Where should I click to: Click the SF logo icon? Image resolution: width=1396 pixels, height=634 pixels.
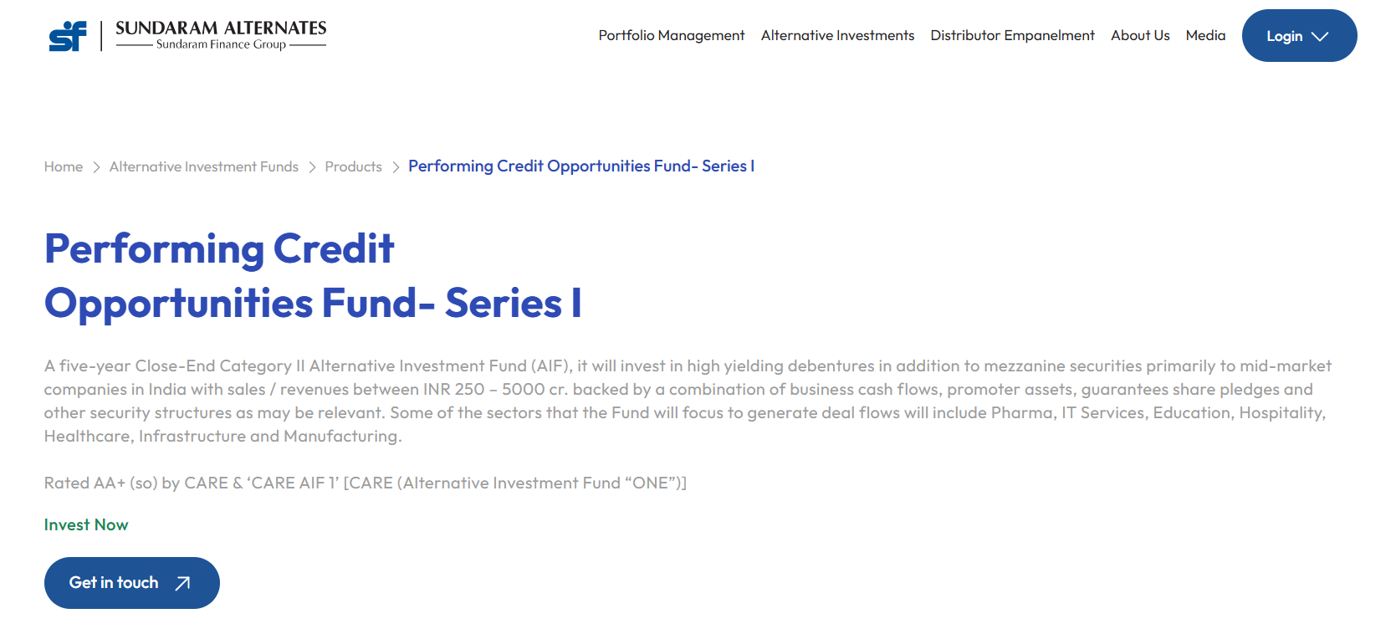coord(67,36)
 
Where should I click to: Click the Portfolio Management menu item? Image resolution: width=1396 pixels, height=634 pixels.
coord(671,35)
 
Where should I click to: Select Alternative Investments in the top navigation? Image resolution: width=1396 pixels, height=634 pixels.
coord(837,35)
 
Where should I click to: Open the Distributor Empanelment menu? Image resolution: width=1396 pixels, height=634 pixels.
coord(1012,35)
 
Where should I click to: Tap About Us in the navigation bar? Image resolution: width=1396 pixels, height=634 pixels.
coord(1140,35)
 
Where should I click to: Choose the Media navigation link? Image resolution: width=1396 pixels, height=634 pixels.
coord(1205,35)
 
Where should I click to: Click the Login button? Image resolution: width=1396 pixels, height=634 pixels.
coord(1300,35)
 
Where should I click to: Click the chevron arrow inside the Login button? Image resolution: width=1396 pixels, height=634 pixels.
coord(1320,37)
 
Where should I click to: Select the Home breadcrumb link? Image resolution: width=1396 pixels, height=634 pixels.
coord(63,166)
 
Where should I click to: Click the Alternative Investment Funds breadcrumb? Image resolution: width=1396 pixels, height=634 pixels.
coord(204,166)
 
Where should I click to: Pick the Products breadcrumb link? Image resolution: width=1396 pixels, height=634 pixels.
coord(353,166)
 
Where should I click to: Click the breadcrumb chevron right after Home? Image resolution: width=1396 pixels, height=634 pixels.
coord(96,167)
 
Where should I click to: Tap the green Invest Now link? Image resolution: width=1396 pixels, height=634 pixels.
coord(86,525)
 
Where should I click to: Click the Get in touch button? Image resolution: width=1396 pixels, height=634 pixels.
coord(132,583)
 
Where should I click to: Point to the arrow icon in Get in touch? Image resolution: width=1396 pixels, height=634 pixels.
coord(182,584)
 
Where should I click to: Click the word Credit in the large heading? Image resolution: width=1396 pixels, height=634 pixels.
coord(334,248)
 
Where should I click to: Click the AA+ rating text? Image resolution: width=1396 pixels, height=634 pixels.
coord(110,483)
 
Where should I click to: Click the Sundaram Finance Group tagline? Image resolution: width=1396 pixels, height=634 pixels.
coord(222,44)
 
